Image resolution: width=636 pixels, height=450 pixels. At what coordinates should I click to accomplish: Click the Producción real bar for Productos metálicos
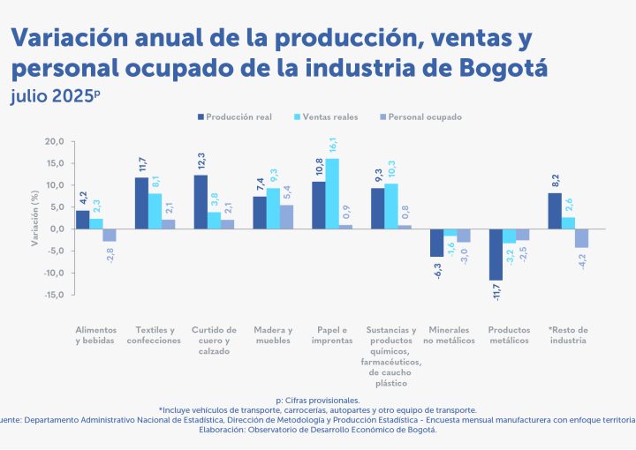tap(496, 255)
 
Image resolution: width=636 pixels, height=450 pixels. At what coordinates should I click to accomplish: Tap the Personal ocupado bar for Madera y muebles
tap(287, 217)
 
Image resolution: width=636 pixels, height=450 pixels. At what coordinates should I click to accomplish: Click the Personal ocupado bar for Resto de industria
tap(582, 238)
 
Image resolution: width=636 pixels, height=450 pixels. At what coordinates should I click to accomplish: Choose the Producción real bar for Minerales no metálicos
tap(436, 243)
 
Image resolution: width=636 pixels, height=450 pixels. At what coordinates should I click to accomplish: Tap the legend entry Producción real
tap(236, 116)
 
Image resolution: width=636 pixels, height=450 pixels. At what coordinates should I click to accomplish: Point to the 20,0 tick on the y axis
tap(55, 142)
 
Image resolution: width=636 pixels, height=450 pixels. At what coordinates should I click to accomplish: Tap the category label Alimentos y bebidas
tap(95, 335)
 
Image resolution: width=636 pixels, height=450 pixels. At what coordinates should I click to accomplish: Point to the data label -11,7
tap(496, 293)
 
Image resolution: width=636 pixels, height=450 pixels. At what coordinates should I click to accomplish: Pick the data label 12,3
tap(201, 163)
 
